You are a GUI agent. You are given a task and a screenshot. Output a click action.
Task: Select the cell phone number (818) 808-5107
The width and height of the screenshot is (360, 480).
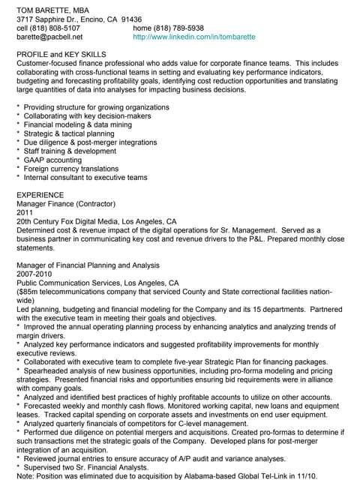point(57,27)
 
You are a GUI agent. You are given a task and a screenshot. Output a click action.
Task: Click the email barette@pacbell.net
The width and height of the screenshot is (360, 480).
point(49,36)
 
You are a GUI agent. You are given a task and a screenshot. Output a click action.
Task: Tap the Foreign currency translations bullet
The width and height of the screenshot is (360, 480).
point(74,169)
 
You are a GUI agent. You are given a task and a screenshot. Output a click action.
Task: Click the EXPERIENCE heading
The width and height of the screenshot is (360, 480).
point(40,195)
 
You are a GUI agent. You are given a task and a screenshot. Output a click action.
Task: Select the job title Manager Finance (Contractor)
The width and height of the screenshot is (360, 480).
point(67,204)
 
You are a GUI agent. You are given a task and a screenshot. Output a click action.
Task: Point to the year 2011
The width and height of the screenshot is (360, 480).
point(25,213)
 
